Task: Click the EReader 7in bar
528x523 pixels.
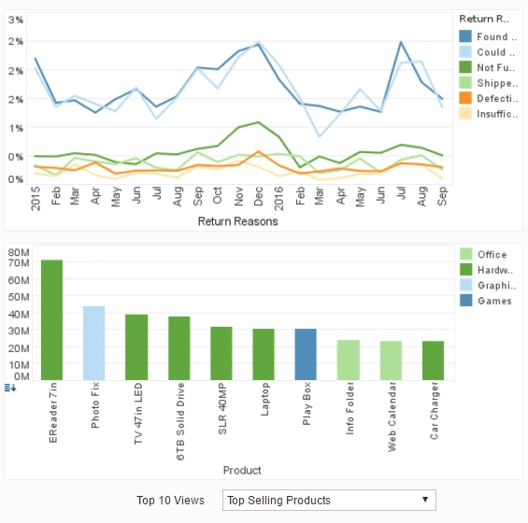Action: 52,319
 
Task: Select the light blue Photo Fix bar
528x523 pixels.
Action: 94,343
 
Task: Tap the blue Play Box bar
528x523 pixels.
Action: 306,354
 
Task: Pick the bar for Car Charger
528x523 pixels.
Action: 433,360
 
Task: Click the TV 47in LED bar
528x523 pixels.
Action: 136,346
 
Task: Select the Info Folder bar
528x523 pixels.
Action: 348,360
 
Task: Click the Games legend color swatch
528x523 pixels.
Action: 465,301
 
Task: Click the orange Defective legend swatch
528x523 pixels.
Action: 465,98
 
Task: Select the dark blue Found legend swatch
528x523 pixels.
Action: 465,36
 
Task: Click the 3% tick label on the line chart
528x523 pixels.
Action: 17,20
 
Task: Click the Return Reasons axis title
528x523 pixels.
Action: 237,222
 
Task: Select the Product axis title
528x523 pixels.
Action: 242,470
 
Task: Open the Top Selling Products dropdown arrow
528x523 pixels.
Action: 426,500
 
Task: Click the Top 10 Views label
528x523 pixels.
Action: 170,501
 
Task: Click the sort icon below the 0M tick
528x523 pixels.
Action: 10,388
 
